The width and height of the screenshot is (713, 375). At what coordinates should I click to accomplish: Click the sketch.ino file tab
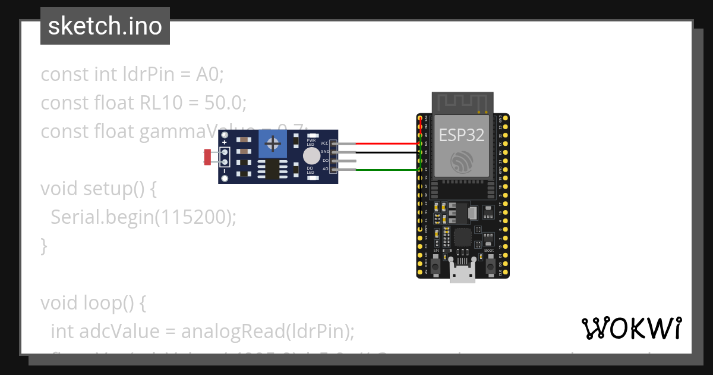pyautogui.click(x=105, y=27)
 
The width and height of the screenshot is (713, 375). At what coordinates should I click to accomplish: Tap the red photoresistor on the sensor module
pyautogui.click(x=207, y=157)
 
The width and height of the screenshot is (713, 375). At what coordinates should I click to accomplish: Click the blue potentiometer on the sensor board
pyautogui.click(x=273, y=143)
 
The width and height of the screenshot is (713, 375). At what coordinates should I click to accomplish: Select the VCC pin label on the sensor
pyautogui.click(x=324, y=143)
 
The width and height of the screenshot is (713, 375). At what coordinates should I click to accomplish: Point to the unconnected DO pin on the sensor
pyautogui.click(x=345, y=161)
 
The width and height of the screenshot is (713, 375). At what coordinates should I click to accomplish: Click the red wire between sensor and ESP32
pyautogui.click(x=386, y=143)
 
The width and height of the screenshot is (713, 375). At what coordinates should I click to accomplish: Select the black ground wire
pyautogui.click(x=386, y=152)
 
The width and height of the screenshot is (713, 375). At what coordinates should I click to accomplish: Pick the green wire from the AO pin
pyautogui.click(x=386, y=170)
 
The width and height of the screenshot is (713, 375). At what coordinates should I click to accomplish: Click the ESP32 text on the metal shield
pyautogui.click(x=462, y=135)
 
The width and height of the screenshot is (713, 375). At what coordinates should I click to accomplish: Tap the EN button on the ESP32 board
pyautogui.click(x=436, y=267)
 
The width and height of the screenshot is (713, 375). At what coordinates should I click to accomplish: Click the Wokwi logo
pyautogui.click(x=631, y=328)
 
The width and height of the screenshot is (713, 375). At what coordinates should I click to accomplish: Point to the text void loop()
pyautogui.click(x=93, y=303)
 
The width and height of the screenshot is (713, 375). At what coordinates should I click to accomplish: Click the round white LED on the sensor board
pyautogui.click(x=311, y=156)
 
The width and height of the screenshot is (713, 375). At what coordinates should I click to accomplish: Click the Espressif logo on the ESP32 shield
pyautogui.click(x=462, y=162)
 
